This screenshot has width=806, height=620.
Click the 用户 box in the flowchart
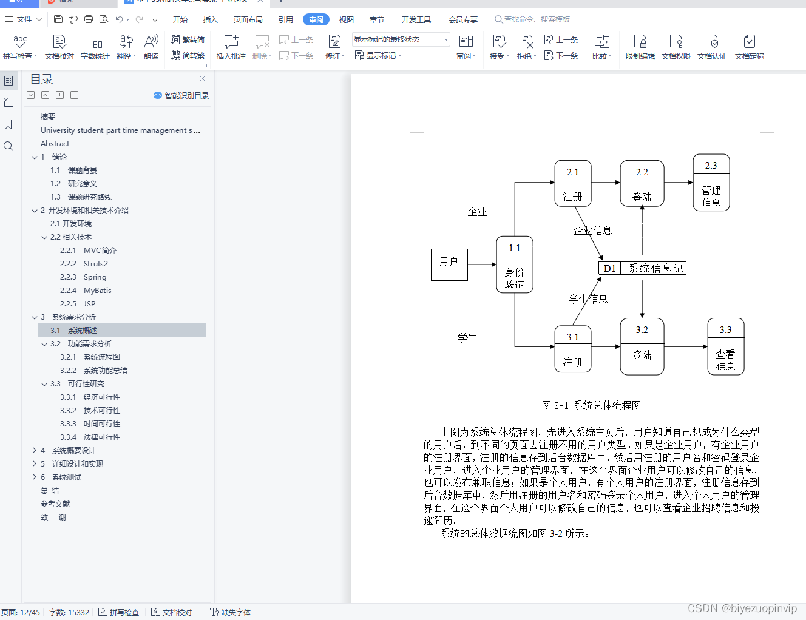(x=449, y=265)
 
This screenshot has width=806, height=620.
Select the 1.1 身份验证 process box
(x=515, y=265)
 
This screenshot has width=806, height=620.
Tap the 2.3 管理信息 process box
(x=711, y=183)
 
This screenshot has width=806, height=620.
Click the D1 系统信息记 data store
(x=642, y=268)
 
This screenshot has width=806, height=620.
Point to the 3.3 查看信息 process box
(x=725, y=346)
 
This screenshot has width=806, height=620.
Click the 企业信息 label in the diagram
(x=592, y=231)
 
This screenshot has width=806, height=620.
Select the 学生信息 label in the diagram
(x=588, y=299)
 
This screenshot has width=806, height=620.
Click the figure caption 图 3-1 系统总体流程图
(x=591, y=405)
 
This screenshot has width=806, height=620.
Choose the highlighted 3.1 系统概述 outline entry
(x=83, y=331)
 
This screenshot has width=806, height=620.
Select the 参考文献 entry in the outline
(x=55, y=504)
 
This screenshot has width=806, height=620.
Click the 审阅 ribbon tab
(x=316, y=19)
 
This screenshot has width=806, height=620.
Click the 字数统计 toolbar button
(x=95, y=47)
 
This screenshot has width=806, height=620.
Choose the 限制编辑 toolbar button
(x=640, y=47)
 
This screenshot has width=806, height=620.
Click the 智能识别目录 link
(x=181, y=96)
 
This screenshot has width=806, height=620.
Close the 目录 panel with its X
(x=203, y=79)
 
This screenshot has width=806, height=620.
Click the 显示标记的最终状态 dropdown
(x=401, y=39)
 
